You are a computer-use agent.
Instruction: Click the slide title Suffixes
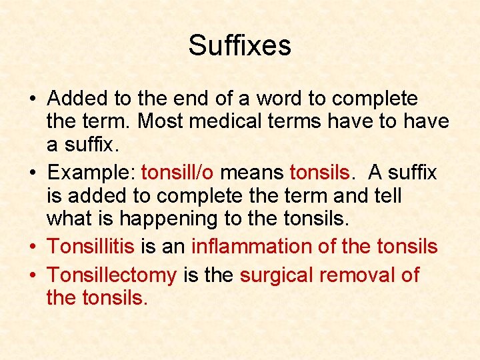click(239, 45)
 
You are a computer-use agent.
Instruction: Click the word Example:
click(92, 173)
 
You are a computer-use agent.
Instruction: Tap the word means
click(252, 173)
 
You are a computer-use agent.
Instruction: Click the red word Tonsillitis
click(91, 247)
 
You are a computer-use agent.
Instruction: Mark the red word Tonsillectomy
click(112, 275)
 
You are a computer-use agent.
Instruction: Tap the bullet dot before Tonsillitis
click(34, 247)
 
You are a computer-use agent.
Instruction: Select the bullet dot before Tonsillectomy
click(34, 275)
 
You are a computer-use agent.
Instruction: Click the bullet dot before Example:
click(34, 173)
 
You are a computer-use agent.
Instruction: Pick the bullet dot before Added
click(34, 99)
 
